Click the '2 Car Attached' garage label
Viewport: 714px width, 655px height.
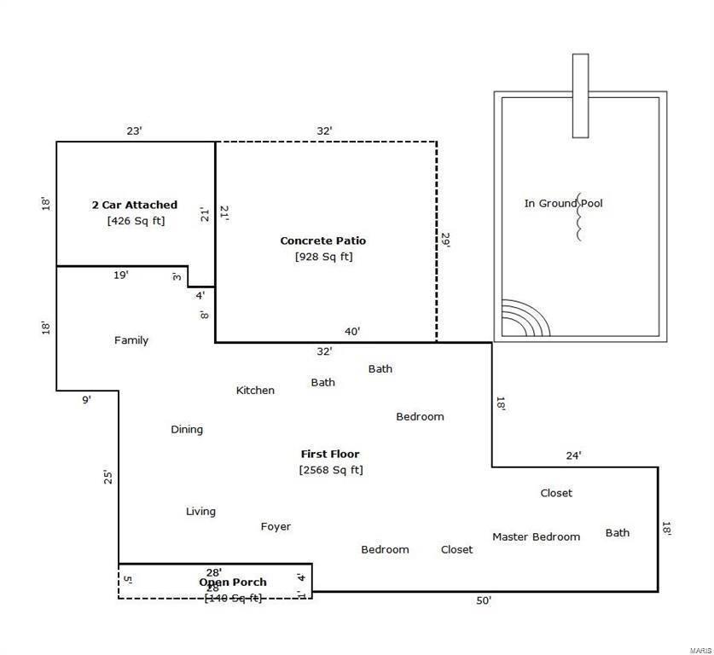135,205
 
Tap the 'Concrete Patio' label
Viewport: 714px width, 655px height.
323,241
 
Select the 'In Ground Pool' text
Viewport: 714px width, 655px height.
563,203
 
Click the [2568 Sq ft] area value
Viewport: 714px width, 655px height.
331,470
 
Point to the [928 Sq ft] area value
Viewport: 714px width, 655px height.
323,257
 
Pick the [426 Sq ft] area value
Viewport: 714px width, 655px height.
136,221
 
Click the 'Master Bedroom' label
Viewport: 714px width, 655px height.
536,536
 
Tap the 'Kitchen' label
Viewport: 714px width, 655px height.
255,391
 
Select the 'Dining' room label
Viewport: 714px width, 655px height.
187,430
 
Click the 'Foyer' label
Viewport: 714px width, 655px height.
276,527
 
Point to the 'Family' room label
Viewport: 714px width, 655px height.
131,340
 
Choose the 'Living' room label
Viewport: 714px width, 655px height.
200,512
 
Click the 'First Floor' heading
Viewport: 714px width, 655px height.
330,454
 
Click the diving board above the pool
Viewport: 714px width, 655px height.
580,96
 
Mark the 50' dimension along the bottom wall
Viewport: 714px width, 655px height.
484,601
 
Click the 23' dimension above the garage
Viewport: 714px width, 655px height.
134,131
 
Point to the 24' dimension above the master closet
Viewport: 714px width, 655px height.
574,455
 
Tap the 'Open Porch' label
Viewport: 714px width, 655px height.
233,583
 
